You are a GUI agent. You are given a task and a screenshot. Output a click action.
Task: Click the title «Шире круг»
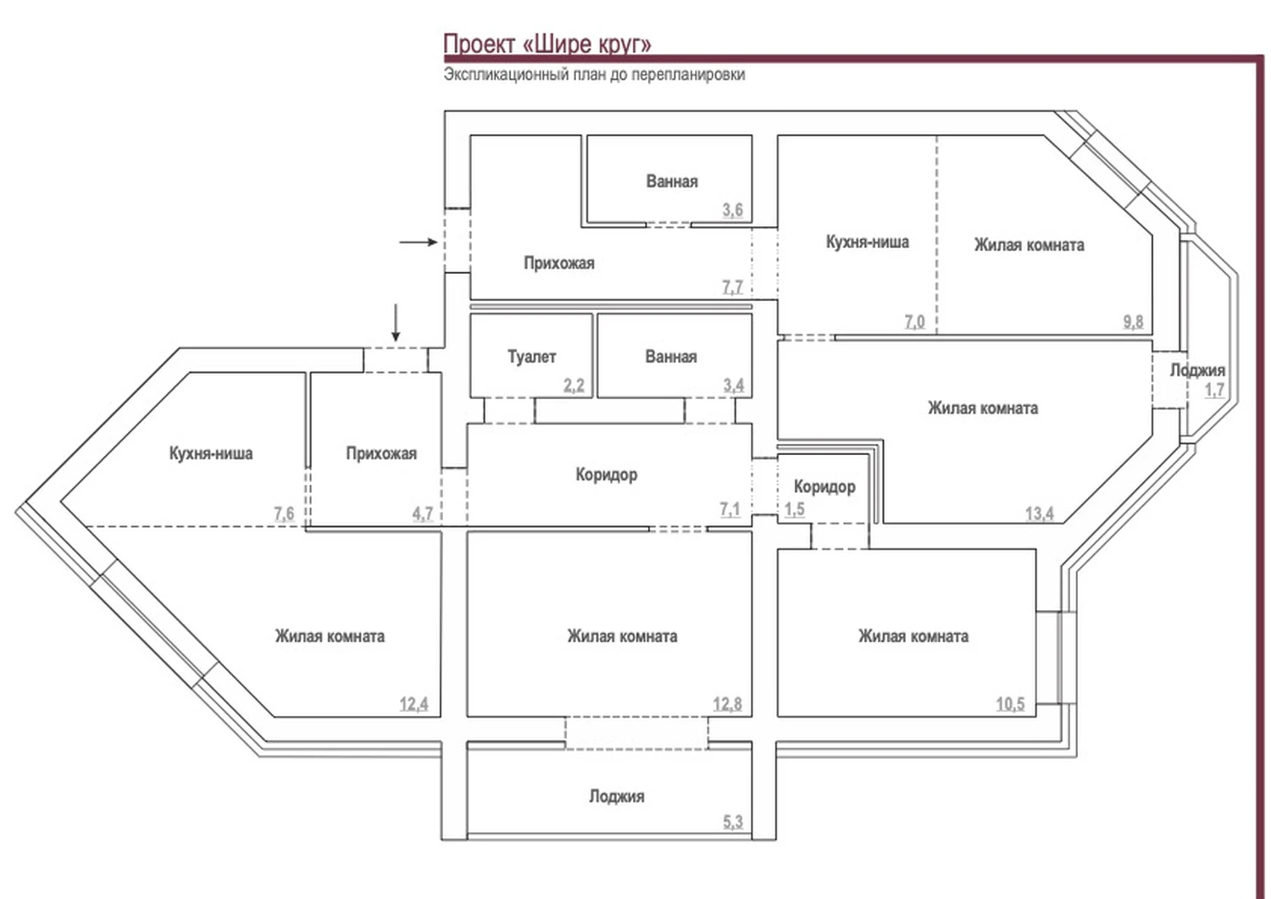point(547,44)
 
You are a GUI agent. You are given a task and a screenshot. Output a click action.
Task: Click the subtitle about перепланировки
point(594,75)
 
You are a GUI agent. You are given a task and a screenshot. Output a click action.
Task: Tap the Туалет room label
point(531,357)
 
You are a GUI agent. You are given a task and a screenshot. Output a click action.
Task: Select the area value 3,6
point(732,209)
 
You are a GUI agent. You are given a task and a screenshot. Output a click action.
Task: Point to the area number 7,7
point(732,287)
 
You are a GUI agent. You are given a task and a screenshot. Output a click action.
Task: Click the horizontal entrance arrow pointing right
point(418,242)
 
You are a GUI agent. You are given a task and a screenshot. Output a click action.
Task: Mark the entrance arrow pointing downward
point(395,324)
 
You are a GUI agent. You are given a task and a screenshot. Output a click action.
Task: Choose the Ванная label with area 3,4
point(670,357)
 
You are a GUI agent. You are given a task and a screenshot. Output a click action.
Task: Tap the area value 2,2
point(574,386)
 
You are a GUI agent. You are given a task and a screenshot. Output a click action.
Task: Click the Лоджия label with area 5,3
point(616,796)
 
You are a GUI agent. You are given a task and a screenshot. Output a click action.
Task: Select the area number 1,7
point(1214,390)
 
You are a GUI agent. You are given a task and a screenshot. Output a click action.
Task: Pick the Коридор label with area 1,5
point(824,486)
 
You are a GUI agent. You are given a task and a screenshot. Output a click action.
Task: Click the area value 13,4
point(1039,513)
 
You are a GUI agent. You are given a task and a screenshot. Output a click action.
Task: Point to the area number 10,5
point(1010,703)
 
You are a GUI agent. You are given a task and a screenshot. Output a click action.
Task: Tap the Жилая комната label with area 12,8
point(622,636)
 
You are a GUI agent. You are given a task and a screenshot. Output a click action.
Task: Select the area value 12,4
point(413,703)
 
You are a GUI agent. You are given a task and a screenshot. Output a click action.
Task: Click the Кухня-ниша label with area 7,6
point(211,453)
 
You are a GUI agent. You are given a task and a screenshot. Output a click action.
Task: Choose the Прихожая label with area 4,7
point(381,453)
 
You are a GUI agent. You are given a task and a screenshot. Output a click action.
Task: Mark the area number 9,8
point(1133,321)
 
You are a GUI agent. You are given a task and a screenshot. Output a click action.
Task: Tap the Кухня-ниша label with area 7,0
point(867,242)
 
